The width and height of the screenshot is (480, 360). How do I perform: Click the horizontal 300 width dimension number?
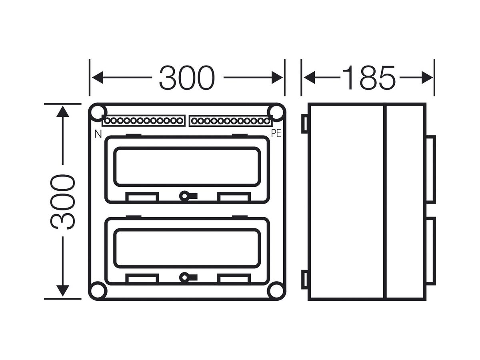tap(187, 78)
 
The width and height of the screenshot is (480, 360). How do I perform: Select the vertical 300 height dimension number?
tap(63, 202)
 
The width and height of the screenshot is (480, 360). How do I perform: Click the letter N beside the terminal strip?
tap(98, 134)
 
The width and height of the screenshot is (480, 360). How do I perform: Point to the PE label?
tap(276, 133)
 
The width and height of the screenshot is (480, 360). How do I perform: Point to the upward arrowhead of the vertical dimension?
tap(63, 112)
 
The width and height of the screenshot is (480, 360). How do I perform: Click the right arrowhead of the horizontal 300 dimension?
tap(277, 78)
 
